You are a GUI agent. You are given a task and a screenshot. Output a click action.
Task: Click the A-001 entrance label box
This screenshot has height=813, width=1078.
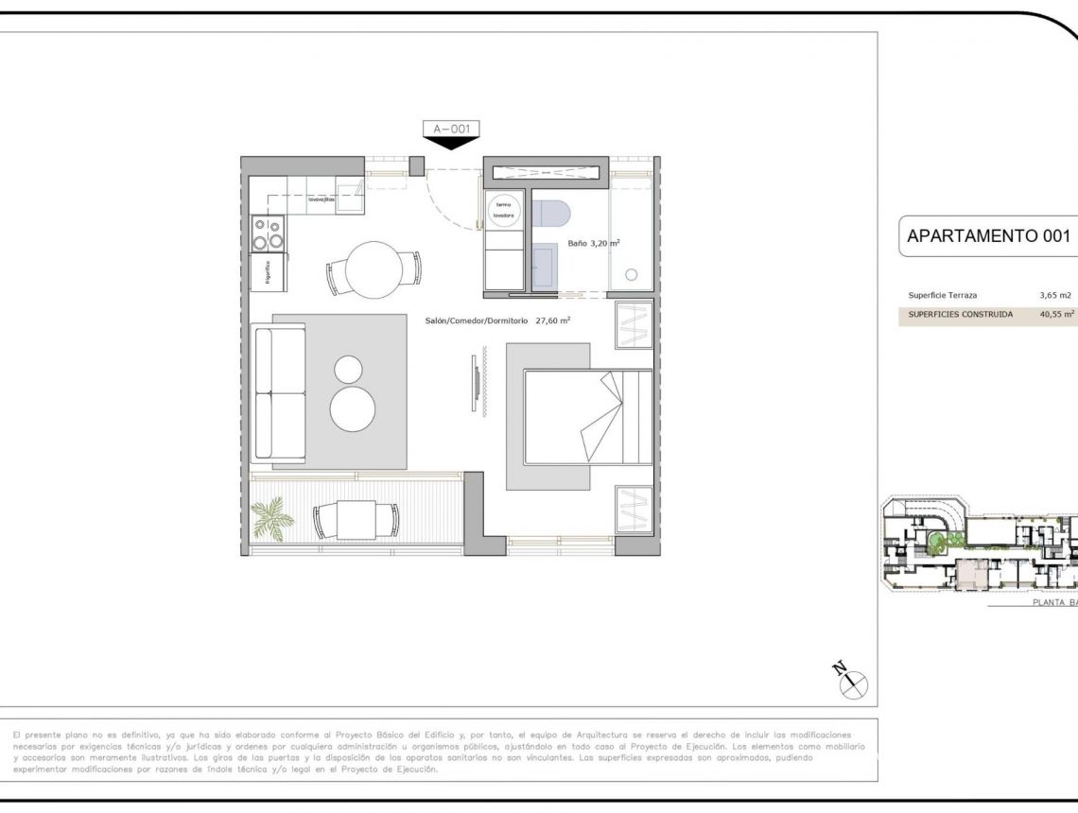coord(451,129)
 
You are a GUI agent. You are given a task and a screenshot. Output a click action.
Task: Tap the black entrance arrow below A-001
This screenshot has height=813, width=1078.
coord(451,143)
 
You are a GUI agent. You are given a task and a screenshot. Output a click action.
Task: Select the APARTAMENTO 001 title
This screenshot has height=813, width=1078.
coord(988,236)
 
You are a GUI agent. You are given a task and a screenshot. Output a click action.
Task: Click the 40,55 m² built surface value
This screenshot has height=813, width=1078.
coord(1056,314)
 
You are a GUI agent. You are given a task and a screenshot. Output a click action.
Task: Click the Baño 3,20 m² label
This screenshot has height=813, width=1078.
coord(594,243)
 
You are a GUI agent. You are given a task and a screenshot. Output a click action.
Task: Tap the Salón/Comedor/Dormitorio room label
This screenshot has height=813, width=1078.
coord(497,320)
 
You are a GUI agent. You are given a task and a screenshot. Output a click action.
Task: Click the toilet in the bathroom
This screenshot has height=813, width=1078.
coord(549,215)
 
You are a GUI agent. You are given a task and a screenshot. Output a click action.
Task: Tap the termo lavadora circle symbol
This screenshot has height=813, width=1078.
coord(503,210)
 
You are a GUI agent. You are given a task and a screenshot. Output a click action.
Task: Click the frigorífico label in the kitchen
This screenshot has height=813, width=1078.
coord(268,272)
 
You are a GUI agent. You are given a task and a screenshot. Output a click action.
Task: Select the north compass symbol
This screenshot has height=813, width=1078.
coord(851,678)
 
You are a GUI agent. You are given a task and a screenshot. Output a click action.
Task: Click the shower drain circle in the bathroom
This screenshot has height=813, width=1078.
coord(631,275)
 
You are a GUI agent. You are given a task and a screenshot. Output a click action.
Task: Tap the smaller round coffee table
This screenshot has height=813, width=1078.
coord(349,367)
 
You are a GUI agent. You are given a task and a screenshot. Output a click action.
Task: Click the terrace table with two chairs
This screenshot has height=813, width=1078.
coord(356,519)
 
